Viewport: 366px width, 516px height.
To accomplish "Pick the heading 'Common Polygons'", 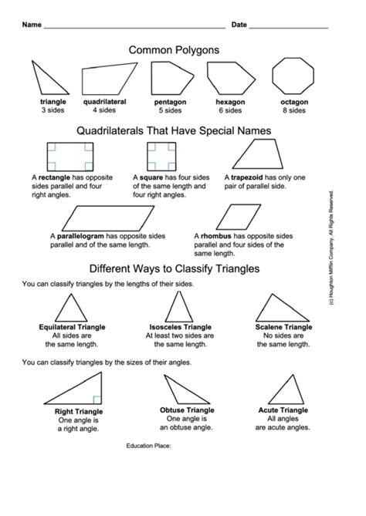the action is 175,49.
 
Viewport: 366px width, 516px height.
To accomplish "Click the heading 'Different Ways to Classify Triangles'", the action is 174,269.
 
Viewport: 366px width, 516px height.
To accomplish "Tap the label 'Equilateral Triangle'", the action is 73,327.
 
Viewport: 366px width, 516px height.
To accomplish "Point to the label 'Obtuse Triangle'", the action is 187,410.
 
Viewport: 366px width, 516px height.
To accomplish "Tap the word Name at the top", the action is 32,25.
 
